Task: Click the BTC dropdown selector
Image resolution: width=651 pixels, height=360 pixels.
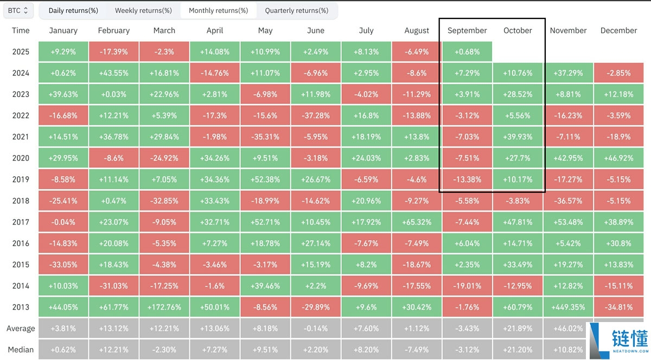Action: click(18, 11)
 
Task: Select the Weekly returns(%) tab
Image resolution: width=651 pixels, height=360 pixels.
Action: click(143, 11)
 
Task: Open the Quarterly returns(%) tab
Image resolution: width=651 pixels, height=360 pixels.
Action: click(296, 11)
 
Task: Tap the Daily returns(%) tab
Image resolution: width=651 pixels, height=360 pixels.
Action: click(73, 11)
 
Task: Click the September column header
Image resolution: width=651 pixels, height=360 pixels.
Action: click(467, 30)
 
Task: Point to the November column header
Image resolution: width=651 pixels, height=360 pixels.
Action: click(568, 30)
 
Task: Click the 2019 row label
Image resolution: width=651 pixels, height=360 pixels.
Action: click(21, 179)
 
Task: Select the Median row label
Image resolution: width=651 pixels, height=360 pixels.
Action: click(21, 350)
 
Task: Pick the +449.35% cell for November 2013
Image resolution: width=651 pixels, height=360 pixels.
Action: click(568, 307)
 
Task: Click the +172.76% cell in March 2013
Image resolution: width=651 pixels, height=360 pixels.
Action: click(164, 307)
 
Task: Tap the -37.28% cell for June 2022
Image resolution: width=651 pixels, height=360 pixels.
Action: click(316, 115)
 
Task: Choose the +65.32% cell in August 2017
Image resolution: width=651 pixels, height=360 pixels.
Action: click(417, 222)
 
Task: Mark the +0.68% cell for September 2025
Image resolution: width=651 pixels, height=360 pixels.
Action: click(467, 52)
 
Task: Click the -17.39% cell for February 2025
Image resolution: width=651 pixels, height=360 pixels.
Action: click(113, 52)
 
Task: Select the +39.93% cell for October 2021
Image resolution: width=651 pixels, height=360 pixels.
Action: click(518, 137)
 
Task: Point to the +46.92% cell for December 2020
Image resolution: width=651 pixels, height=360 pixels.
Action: click(619, 158)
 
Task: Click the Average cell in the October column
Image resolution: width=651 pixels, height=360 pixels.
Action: click(518, 329)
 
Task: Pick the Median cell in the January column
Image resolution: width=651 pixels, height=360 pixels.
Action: click(63, 350)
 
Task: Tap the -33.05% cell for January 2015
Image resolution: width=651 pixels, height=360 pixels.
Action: click(63, 265)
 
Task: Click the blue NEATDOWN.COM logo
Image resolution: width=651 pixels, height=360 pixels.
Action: click(618, 340)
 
